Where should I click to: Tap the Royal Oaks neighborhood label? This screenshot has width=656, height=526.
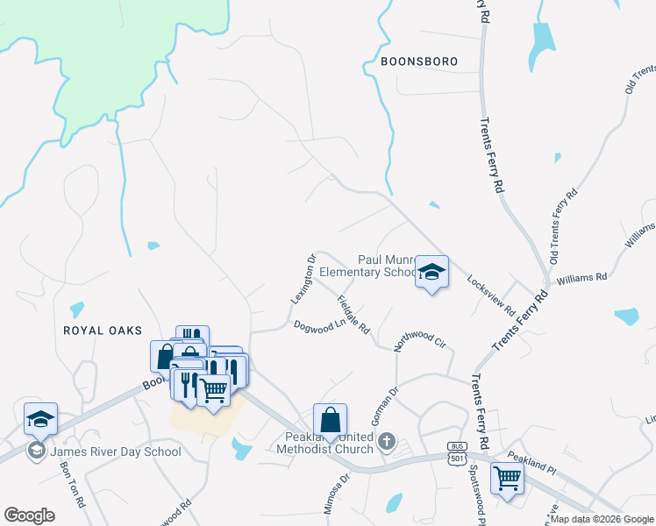(x=102, y=330)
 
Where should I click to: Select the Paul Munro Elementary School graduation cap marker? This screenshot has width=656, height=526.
(x=431, y=273)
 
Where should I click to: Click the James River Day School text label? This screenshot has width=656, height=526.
(x=116, y=451)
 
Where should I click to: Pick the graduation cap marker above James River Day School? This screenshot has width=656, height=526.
(x=40, y=420)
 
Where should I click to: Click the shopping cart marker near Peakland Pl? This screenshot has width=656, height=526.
(x=507, y=480)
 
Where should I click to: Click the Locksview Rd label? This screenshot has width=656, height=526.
(x=492, y=295)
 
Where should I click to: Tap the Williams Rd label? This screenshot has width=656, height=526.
(x=581, y=278)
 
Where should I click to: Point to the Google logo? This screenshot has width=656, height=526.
(x=30, y=515)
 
